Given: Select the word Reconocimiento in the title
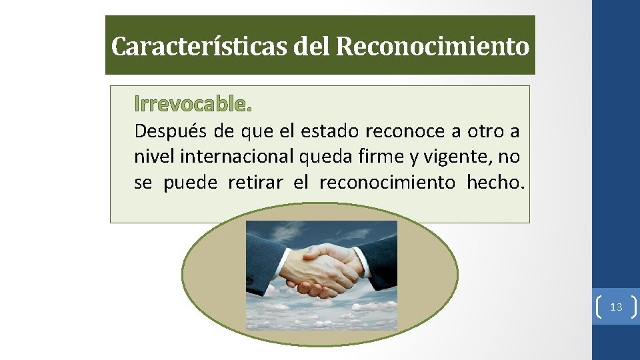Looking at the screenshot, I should (433, 47).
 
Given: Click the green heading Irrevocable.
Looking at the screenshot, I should (193, 104).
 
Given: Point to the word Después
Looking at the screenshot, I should (168, 131).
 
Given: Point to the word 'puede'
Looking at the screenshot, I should (190, 182).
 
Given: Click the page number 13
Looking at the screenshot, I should (616, 307).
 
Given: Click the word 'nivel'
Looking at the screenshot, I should (151, 157).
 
